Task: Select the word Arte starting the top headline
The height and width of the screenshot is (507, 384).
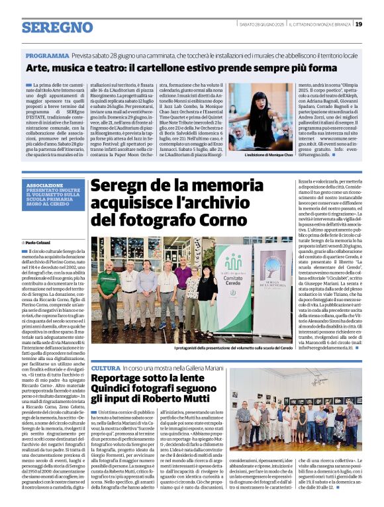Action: [38, 68]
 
